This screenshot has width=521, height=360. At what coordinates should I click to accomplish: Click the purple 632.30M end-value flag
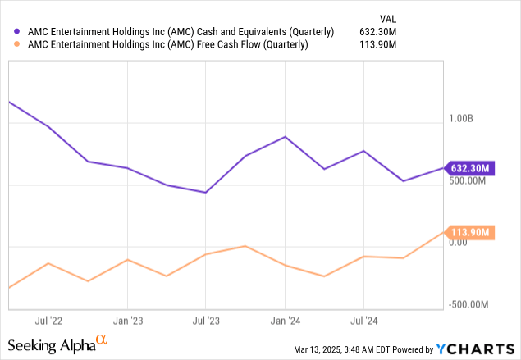point(470,168)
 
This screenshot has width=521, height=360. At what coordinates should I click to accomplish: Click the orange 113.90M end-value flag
point(470,233)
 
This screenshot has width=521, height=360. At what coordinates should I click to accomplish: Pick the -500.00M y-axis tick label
point(471,305)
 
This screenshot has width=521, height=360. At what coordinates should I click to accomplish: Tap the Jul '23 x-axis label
point(206,321)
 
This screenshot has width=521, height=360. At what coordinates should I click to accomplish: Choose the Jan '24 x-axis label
point(285,321)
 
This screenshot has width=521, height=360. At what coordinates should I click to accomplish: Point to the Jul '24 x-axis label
point(363,321)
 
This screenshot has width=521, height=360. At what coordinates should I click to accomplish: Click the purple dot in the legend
point(9,32)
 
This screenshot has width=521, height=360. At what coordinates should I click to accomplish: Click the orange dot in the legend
point(9,45)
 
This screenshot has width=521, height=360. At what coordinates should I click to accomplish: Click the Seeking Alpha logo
point(57,345)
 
